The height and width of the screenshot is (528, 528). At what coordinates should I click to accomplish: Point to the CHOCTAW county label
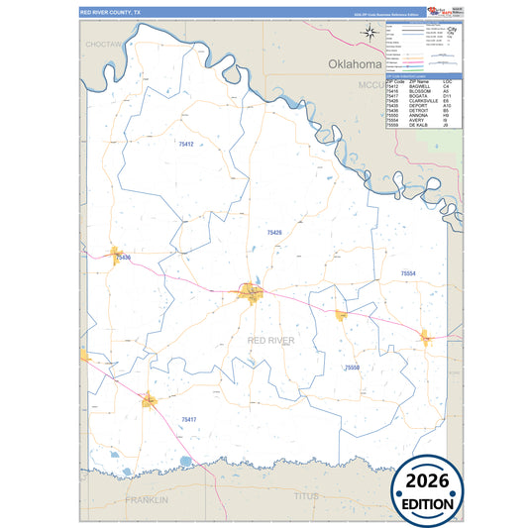click(x=103, y=46)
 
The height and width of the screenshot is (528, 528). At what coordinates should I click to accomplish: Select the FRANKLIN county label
click(x=146, y=500)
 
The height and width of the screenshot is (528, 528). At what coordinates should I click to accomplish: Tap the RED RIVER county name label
click(x=270, y=340)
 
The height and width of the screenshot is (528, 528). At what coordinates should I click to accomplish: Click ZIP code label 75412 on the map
click(x=185, y=145)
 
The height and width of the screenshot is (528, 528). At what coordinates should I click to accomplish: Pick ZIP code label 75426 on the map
click(x=274, y=232)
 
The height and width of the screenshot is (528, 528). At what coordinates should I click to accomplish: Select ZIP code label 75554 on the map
click(x=407, y=272)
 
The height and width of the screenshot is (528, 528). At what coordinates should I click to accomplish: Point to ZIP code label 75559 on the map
click(x=352, y=368)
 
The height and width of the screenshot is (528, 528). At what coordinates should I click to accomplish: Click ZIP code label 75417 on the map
click(x=188, y=420)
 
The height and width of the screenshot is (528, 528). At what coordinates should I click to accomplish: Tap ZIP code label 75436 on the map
click(x=123, y=258)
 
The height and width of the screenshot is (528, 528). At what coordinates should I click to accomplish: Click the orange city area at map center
click(x=249, y=292)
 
